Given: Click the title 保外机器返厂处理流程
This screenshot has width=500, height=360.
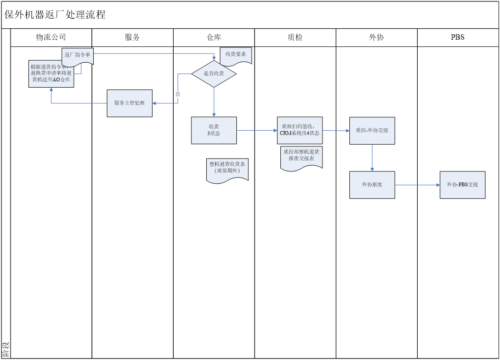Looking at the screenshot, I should coord(55,15).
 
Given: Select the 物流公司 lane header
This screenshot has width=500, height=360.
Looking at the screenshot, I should coord(51,37).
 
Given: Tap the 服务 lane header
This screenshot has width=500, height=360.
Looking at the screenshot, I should coord(132,37).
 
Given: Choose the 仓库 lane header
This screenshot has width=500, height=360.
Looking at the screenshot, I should coord(214,37).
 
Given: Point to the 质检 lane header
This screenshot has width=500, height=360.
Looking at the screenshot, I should coord(295,37).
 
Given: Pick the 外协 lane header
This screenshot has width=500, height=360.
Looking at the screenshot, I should coord(377,37).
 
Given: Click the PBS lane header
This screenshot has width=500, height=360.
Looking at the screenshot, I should coord(458,37).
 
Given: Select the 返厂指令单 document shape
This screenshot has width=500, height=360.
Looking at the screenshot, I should coord(78,55).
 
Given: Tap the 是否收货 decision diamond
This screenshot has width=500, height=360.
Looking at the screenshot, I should coord(214,74).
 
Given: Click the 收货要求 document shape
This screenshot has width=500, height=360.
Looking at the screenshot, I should coord(236,55).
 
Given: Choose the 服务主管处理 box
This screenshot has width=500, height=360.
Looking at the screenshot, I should coord(130,103).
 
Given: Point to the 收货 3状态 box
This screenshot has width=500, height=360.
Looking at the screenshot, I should coord(214,130).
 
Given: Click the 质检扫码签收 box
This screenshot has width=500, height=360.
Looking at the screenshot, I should coord(300,130).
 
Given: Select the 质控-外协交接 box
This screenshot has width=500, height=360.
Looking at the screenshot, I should coord(372,130).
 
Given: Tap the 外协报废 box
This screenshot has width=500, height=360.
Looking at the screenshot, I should coord(372,185).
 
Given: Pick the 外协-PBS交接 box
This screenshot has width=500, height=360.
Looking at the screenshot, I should coord(463,185).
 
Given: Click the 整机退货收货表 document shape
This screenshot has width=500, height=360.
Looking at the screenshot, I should coord(227,169).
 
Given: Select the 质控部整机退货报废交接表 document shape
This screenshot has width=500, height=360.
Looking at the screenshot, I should coord(301,157).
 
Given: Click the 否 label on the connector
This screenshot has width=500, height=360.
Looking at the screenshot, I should coord(178,94).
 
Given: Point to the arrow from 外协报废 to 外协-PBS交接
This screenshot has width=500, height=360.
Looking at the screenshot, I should coord(417,185).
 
